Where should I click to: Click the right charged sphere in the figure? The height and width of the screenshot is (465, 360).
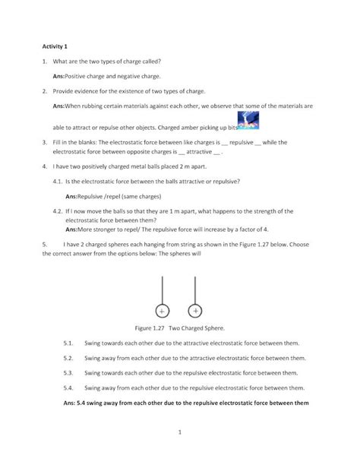pyautogui.click(x=196, y=310)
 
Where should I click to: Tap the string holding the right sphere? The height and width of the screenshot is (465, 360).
pyautogui.click(x=196, y=289)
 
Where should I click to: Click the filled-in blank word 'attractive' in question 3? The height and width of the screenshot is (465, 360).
pyautogui.click(x=197, y=152)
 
